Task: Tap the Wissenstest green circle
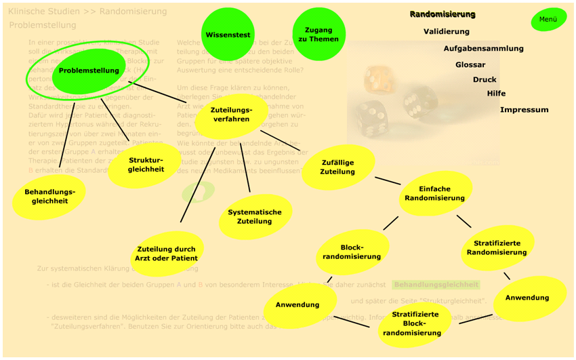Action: [228, 35]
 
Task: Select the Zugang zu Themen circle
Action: [318, 35]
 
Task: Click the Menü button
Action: [548, 19]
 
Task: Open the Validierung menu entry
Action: [446, 32]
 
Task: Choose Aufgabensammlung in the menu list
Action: [483, 49]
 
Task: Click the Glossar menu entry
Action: [470, 65]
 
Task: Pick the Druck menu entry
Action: [485, 80]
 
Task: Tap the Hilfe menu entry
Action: [496, 94]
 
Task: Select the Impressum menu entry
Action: [524, 110]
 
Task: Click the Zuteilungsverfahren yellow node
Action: [231, 115]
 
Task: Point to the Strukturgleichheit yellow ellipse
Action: [146, 165]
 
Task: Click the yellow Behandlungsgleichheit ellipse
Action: [49, 197]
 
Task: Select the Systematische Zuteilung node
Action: [254, 217]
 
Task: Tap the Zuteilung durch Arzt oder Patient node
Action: [166, 254]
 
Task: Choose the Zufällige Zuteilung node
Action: [337, 167]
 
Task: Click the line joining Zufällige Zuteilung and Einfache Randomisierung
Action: [387, 180]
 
